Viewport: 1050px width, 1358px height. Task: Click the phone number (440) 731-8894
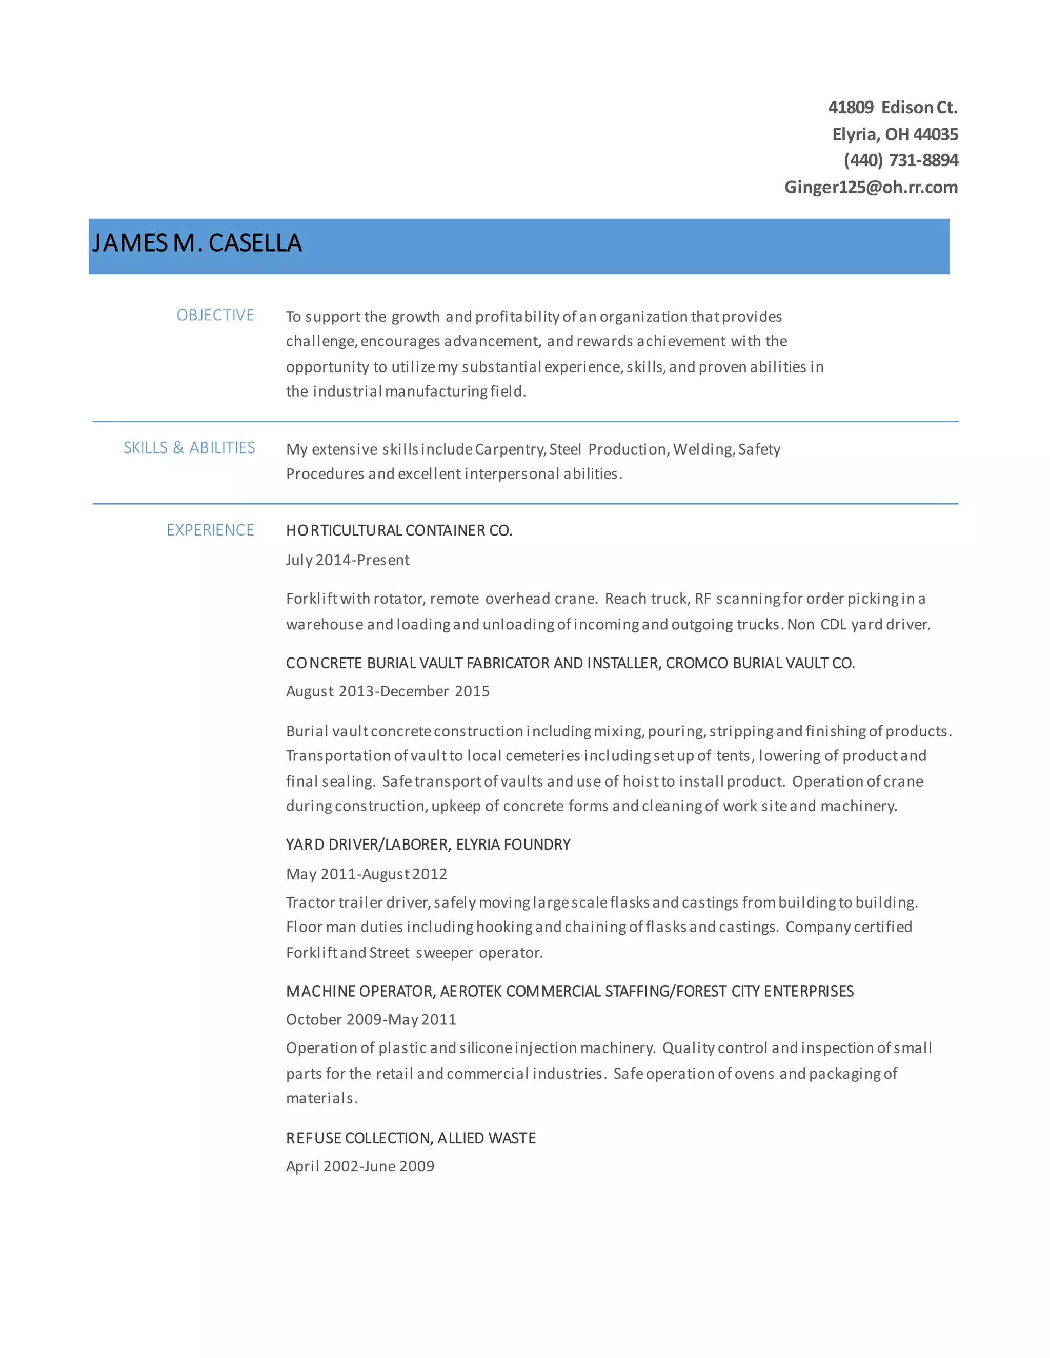pos(901,160)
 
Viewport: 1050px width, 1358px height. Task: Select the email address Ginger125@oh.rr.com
pos(871,187)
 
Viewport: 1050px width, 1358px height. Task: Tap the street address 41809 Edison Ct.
pos(893,108)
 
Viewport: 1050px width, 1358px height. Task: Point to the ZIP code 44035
pos(936,134)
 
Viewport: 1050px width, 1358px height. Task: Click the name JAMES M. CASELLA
pos(197,243)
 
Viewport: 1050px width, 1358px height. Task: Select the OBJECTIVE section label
pos(215,315)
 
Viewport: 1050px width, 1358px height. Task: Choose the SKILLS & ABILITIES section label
pos(189,448)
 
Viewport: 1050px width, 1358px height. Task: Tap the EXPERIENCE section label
pos(210,530)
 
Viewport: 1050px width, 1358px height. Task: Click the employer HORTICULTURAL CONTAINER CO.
pos(399,530)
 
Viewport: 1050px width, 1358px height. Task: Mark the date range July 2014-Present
pos(348,560)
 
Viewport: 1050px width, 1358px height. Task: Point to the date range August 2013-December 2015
pos(388,691)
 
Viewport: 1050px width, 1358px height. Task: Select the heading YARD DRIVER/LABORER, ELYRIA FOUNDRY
pos(428,845)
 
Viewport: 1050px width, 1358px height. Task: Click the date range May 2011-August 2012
pos(367,874)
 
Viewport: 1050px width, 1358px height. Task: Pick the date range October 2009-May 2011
pos(371,1020)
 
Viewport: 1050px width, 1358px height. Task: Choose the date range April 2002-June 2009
pos(360,1166)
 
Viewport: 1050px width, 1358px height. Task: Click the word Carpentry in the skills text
pos(510,449)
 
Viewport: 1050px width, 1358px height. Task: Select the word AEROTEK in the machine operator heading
pos(471,991)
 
